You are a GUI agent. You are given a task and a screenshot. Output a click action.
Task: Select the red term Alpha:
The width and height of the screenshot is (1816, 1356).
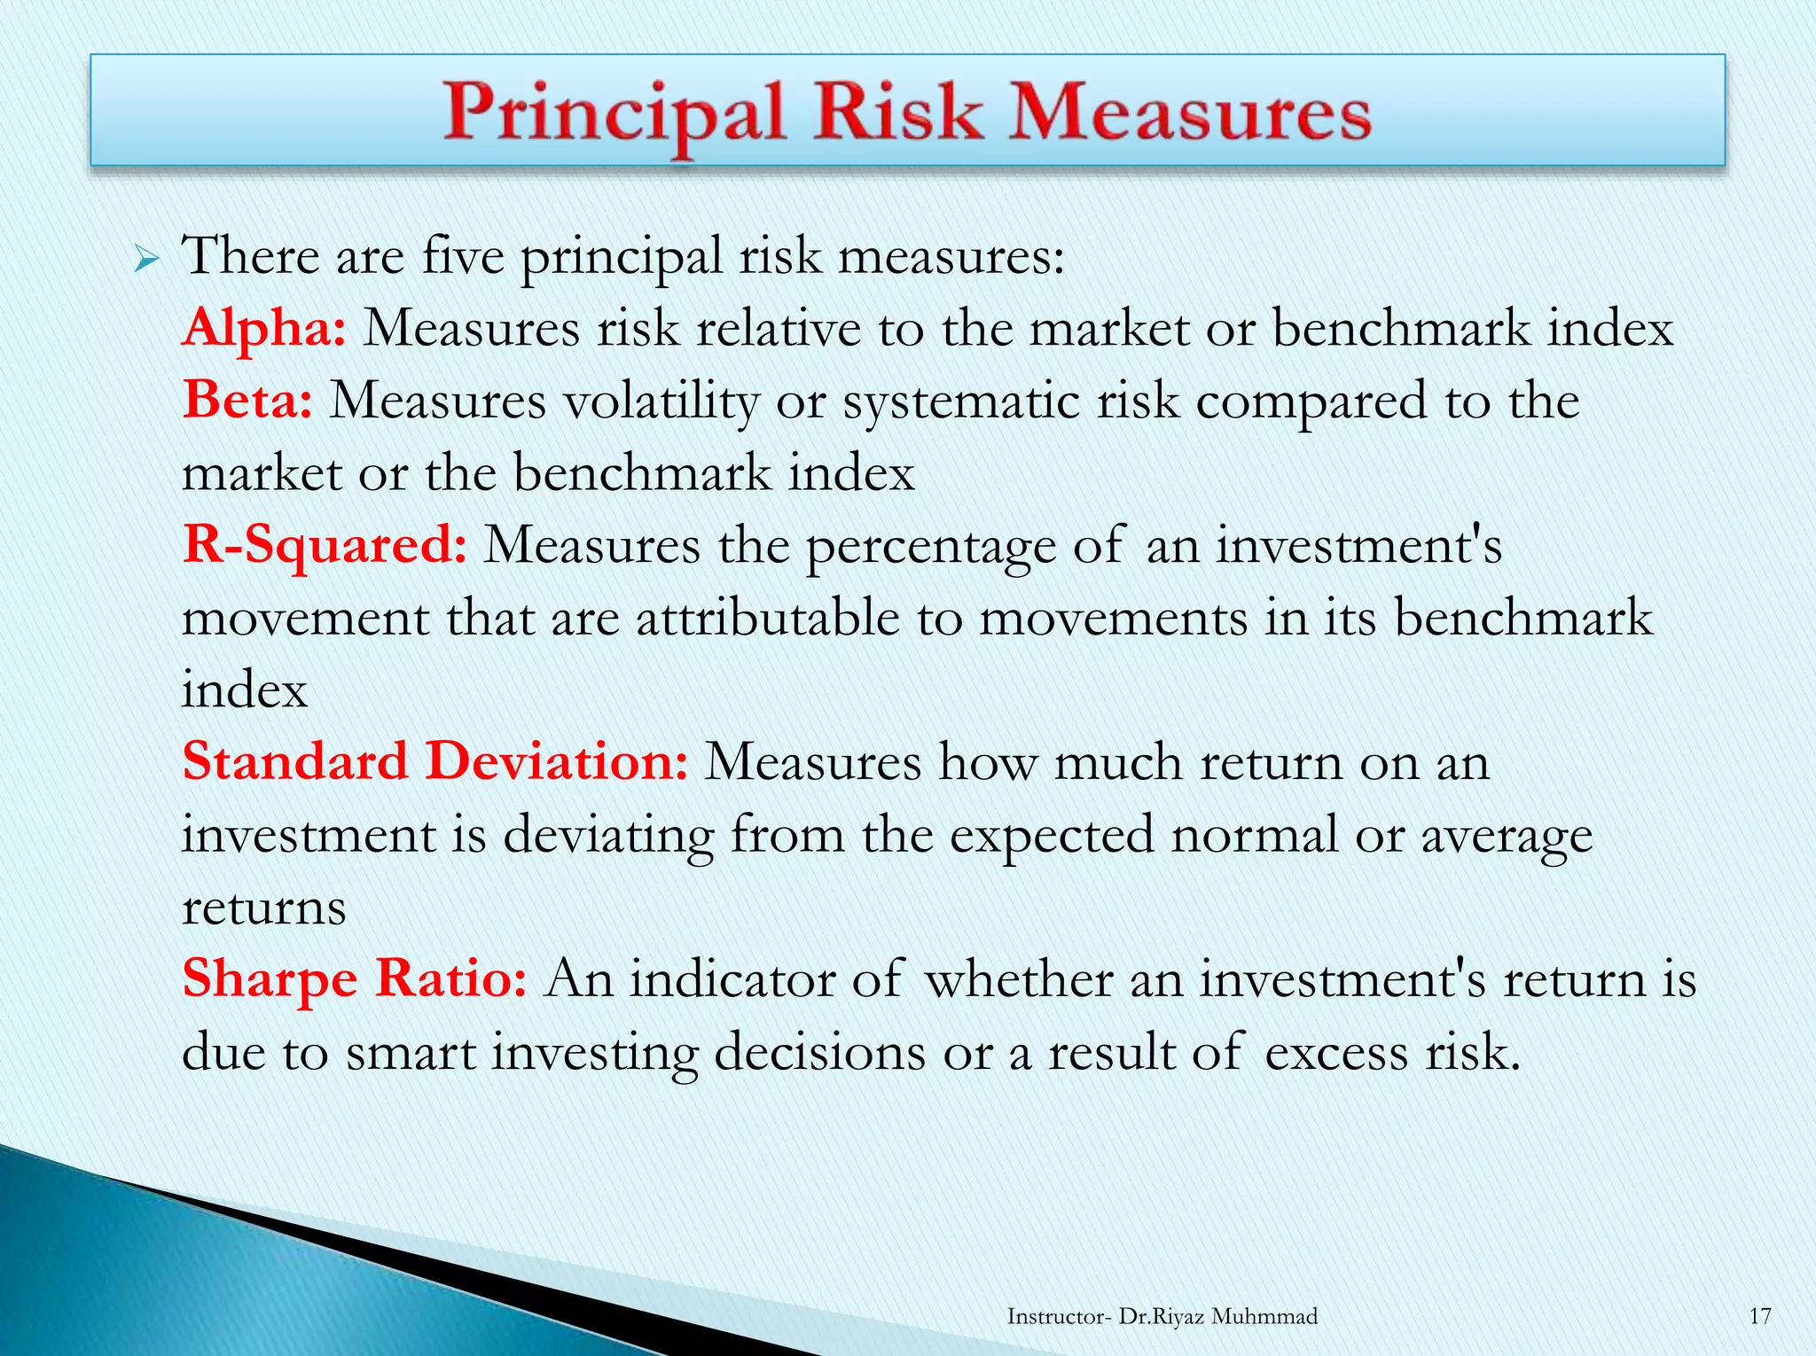[263, 328]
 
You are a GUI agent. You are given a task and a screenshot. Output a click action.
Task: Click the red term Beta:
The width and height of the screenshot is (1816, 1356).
[247, 401]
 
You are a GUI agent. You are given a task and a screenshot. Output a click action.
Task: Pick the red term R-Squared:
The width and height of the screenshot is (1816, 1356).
[325, 545]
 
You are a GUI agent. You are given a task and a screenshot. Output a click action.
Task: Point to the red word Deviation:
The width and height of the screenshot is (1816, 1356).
[556, 762]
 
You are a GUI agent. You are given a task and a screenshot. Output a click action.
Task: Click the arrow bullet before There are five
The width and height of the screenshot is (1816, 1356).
[146, 261]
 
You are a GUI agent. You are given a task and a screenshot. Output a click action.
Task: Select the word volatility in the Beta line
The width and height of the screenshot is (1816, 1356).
[661, 401]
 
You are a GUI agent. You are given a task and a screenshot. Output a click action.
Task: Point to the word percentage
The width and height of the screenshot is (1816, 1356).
[930, 547]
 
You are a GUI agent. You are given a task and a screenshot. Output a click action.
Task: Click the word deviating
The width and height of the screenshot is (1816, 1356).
[608, 836]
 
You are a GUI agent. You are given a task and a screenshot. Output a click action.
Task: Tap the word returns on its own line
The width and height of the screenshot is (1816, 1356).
[263, 908]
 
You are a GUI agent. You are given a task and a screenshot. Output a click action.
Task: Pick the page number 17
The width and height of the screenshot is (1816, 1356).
[1759, 1316]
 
